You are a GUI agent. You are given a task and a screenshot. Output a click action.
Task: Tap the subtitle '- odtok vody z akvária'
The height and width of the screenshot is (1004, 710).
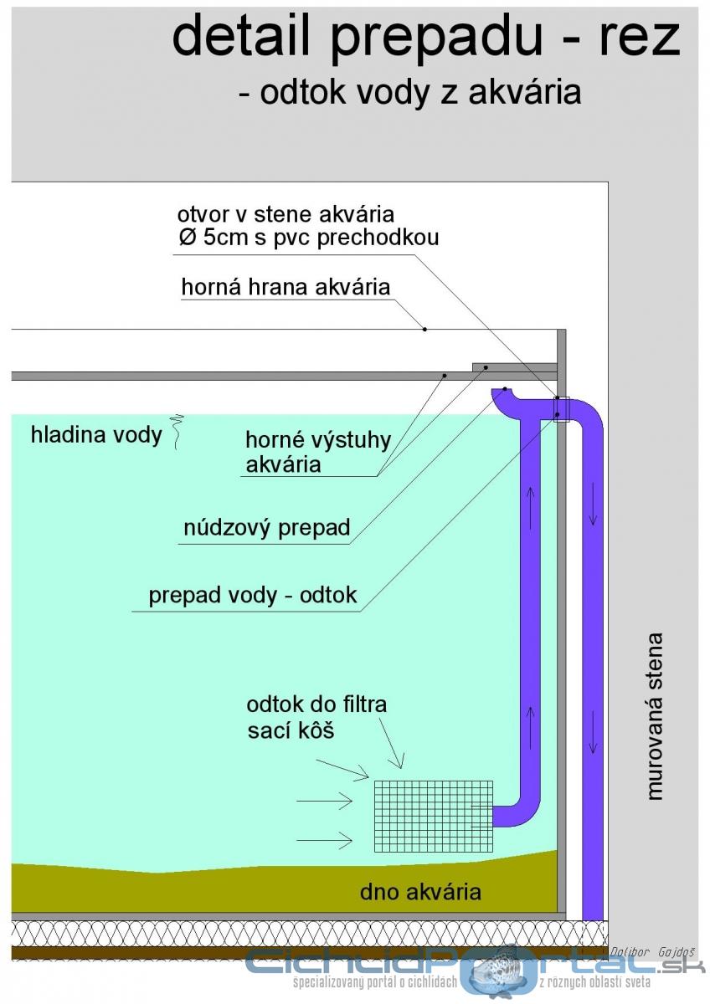tap(410, 92)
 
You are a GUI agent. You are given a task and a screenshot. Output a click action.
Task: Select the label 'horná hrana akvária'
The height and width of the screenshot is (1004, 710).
tap(286, 287)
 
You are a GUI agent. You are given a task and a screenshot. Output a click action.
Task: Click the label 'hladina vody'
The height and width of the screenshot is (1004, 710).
tap(96, 435)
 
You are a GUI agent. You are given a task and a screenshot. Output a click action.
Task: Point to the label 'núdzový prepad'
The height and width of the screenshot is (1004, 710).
tap(267, 528)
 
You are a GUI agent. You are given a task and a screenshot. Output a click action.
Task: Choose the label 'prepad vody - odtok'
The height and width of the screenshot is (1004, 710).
tap(253, 595)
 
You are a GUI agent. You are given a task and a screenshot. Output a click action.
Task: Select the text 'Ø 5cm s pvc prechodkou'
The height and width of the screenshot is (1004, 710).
tap(309, 237)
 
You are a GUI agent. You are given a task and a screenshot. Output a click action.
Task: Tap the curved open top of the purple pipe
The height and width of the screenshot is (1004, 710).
tap(505, 395)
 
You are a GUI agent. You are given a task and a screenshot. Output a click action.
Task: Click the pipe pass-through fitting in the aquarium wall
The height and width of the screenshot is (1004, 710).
tap(562, 409)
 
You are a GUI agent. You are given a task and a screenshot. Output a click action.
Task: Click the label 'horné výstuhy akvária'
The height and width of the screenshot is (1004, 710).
tap(318, 452)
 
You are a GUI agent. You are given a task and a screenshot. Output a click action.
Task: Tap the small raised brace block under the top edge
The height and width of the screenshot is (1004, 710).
tap(515, 367)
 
